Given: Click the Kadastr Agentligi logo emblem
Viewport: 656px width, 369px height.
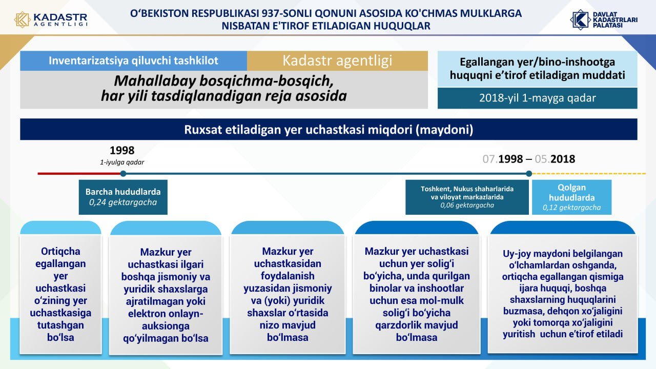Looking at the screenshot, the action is click(22, 19).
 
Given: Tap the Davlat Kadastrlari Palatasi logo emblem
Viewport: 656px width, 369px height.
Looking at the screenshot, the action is click(580, 19).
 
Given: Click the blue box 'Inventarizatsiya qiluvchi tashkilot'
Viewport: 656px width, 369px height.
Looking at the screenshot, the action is click(134, 60).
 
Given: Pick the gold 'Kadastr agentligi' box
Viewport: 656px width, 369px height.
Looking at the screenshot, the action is click(337, 60).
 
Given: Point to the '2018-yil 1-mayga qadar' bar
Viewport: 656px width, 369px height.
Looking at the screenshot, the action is click(538, 98).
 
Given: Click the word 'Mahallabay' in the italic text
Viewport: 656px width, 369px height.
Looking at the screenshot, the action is click(155, 81).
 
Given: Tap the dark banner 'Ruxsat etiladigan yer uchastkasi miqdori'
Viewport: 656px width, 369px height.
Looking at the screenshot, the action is click(329, 129).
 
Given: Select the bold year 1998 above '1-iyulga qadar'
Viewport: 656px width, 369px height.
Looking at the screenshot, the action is click(122, 151).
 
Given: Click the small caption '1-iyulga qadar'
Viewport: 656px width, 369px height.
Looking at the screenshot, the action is click(122, 162).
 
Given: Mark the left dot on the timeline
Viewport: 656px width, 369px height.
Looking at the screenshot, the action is click(124, 174).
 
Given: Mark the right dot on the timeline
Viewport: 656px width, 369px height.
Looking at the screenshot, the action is click(529, 174).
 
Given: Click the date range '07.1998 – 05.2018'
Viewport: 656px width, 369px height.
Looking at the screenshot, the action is click(529, 159).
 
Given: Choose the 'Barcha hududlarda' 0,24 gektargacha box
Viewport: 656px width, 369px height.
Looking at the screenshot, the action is click(123, 197).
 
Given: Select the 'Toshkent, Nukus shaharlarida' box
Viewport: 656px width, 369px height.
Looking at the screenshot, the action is click(467, 197).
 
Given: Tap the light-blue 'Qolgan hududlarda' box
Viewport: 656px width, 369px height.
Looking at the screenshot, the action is click(571, 197).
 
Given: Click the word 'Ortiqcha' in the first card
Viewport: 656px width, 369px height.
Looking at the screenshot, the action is click(60, 251).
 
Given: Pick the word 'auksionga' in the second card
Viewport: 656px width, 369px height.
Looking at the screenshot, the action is click(166, 326).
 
